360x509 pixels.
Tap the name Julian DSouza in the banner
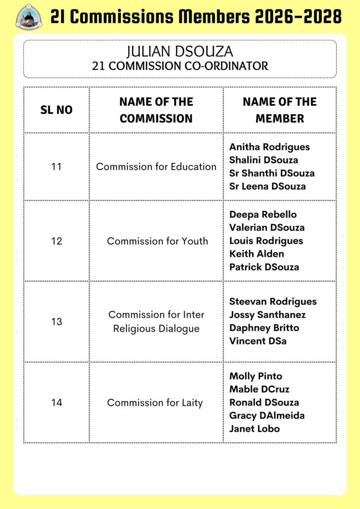(x=180, y=52)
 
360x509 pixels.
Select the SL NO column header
(x=56, y=110)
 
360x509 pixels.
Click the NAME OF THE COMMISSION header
(x=156, y=110)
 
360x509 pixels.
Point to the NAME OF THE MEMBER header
(x=279, y=110)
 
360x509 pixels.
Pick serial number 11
(x=56, y=167)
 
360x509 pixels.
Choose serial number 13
(x=56, y=322)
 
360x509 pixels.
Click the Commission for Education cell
(x=156, y=167)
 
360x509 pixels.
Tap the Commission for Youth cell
(x=157, y=241)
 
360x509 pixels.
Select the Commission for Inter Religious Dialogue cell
(x=156, y=322)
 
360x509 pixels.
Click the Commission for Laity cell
(x=155, y=403)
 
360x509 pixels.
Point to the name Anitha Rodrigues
(x=270, y=147)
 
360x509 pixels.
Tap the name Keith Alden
(x=257, y=254)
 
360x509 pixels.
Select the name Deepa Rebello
(x=263, y=215)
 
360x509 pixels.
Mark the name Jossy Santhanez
(x=268, y=315)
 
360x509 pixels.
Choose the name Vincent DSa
(x=258, y=341)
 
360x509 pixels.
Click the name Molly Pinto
(x=256, y=376)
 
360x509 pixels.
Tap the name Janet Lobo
(x=255, y=428)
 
